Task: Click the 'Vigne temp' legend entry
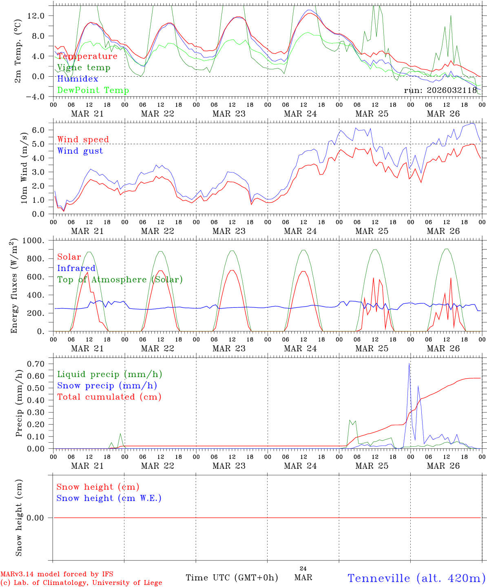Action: point(84,68)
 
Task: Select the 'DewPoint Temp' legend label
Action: point(93,90)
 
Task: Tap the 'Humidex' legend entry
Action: point(77,79)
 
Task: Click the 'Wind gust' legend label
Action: point(80,151)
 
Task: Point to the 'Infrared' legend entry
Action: point(76,268)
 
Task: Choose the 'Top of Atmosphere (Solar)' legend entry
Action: point(120,280)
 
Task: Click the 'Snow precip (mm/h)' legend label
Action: point(107,386)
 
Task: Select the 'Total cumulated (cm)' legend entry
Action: point(109,397)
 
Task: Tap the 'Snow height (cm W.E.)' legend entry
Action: point(108,498)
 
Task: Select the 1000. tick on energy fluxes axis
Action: point(36,241)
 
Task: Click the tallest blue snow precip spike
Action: point(409,364)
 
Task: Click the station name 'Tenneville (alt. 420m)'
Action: point(416,578)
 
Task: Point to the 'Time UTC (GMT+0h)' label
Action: point(232,578)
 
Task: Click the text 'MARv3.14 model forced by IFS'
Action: point(57,574)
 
